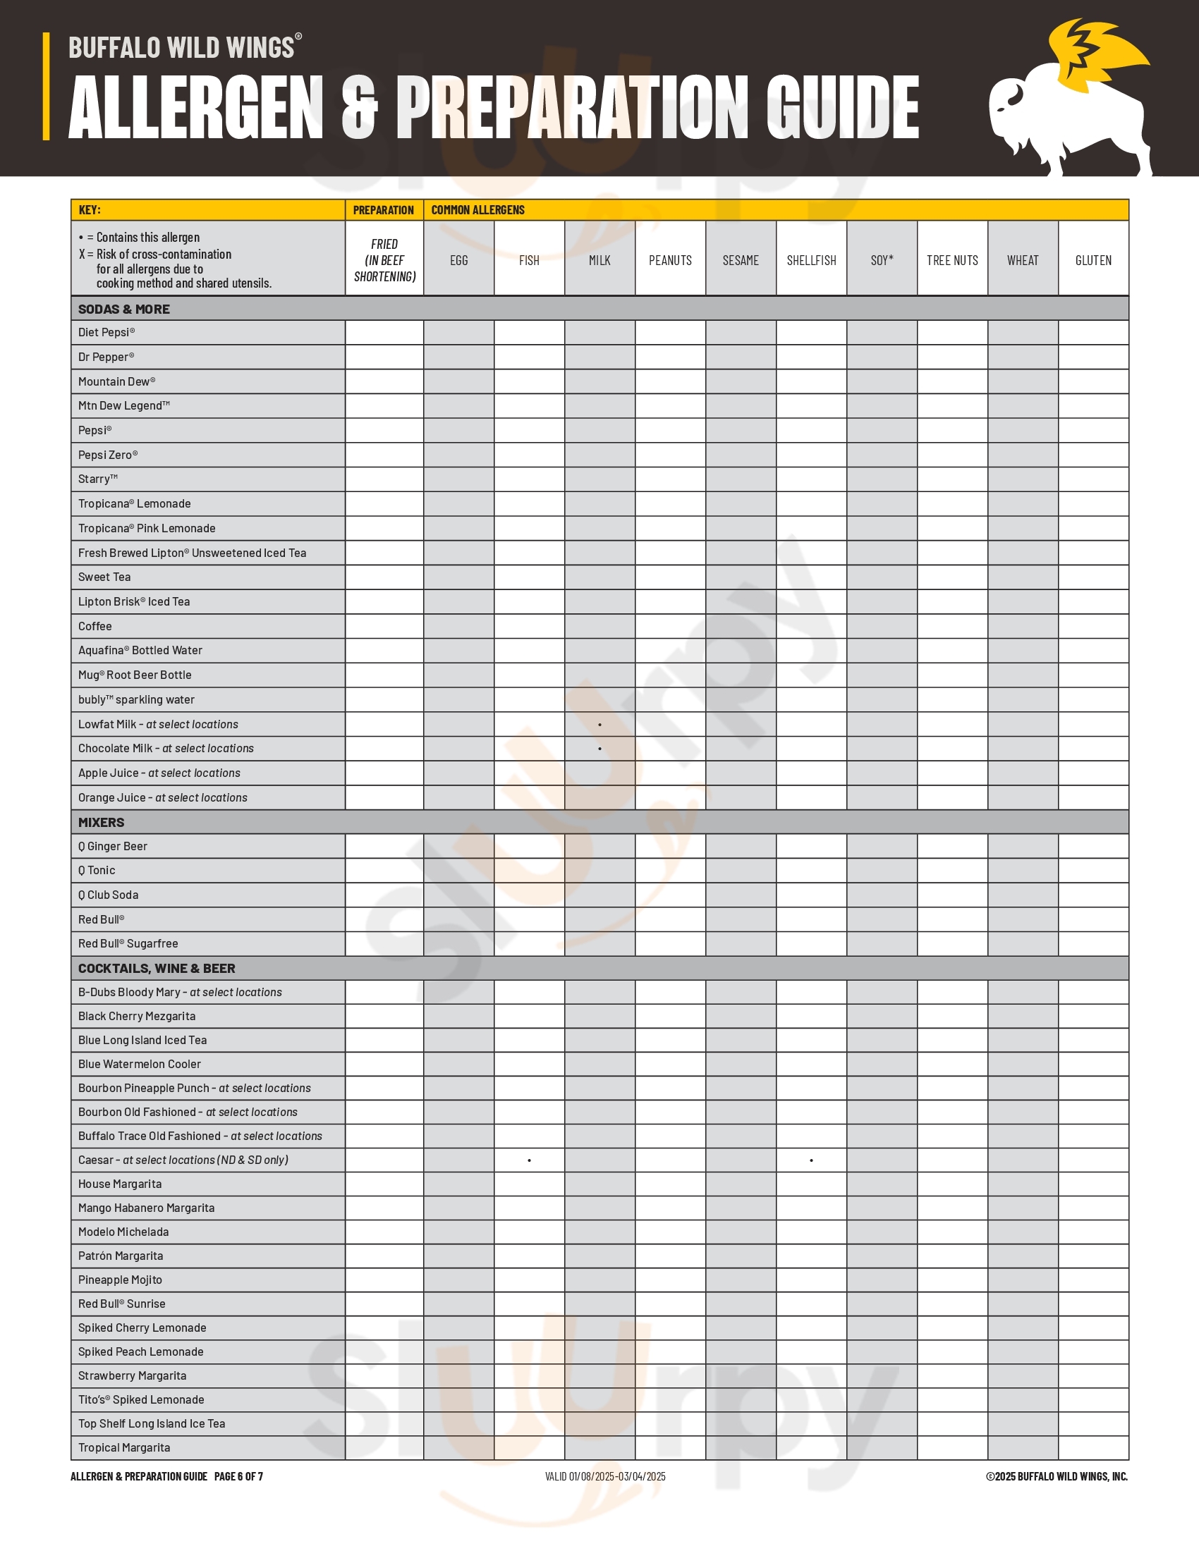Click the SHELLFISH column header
tap(811, 261)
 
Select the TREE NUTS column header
tap(952, 261)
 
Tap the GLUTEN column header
tap(1093, 261)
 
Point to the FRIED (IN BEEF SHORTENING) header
tap(384, 260)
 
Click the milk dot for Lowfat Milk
tap(600, 725)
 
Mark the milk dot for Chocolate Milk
tap(600, 749)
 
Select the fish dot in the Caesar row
tap(529, 1160)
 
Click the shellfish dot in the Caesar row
tap(811, 1160)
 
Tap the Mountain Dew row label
tap(116, 382)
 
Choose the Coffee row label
tap(95, 626)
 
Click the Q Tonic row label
tap(97, 871)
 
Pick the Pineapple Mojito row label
tap(120, 1280)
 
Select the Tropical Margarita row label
tap(124, 1447)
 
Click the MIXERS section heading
tap(101, 822)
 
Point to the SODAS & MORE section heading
tap(123, 309)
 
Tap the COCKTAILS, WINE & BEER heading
tap(157, 969)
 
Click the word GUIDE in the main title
tap(842, 108)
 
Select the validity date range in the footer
tap(605, 1476)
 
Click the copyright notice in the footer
tap(1057, 1476)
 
